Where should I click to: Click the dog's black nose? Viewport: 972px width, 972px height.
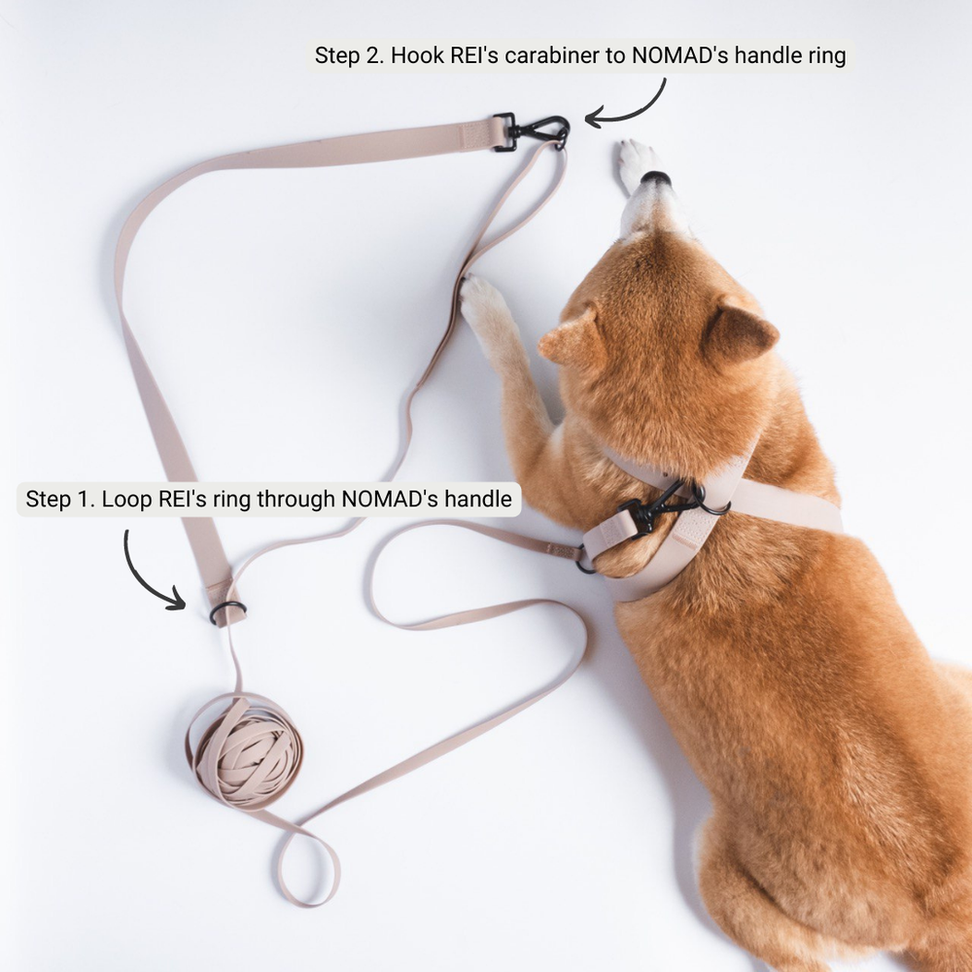coord(656,178)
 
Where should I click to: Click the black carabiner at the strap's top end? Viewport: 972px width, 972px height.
coord(533,131)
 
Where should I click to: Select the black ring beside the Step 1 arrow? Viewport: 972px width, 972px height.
coord(227,611)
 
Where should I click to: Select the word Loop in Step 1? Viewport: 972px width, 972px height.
coord(123,500)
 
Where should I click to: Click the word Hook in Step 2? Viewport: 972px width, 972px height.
coord(413,55)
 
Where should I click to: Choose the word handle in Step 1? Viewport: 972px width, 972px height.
coord(477,500)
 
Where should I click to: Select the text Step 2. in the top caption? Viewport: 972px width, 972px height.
coord(349,55)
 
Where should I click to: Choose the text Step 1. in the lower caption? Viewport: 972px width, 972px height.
coord(60,500)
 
